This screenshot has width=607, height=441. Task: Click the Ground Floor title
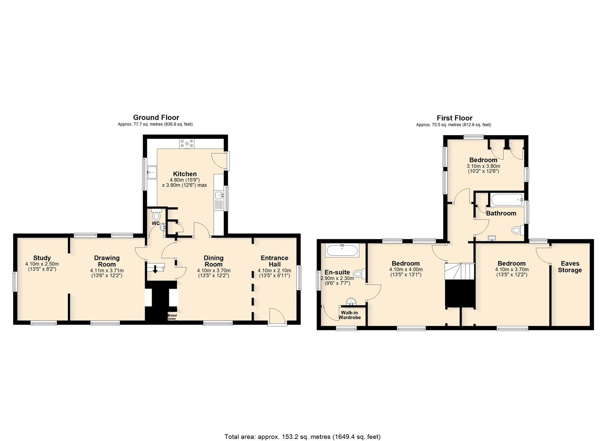[156, 118]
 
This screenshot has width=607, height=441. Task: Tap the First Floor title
[455, 118]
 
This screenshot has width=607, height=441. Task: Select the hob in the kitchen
[187, 143]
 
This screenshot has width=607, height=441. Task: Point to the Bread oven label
[172, 317]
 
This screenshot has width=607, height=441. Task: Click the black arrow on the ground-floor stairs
[155, 269]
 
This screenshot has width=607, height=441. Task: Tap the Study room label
[42, 258]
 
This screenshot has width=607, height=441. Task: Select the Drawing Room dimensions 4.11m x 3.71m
[107, 270]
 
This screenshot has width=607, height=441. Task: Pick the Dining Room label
[213, 261]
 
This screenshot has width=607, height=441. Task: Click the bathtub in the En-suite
[343, 250]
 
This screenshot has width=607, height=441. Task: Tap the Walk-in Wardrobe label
[349, 315]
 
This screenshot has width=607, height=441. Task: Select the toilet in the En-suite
[360, 274]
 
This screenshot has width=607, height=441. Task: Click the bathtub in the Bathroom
[506, 200]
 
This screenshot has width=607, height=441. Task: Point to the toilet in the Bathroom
[517, 231]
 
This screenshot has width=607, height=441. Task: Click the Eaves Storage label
[570, 267]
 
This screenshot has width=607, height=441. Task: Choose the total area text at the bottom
[302, 429]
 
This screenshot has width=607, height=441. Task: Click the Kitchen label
[185, 174]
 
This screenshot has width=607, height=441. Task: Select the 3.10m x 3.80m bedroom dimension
[484, 166]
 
